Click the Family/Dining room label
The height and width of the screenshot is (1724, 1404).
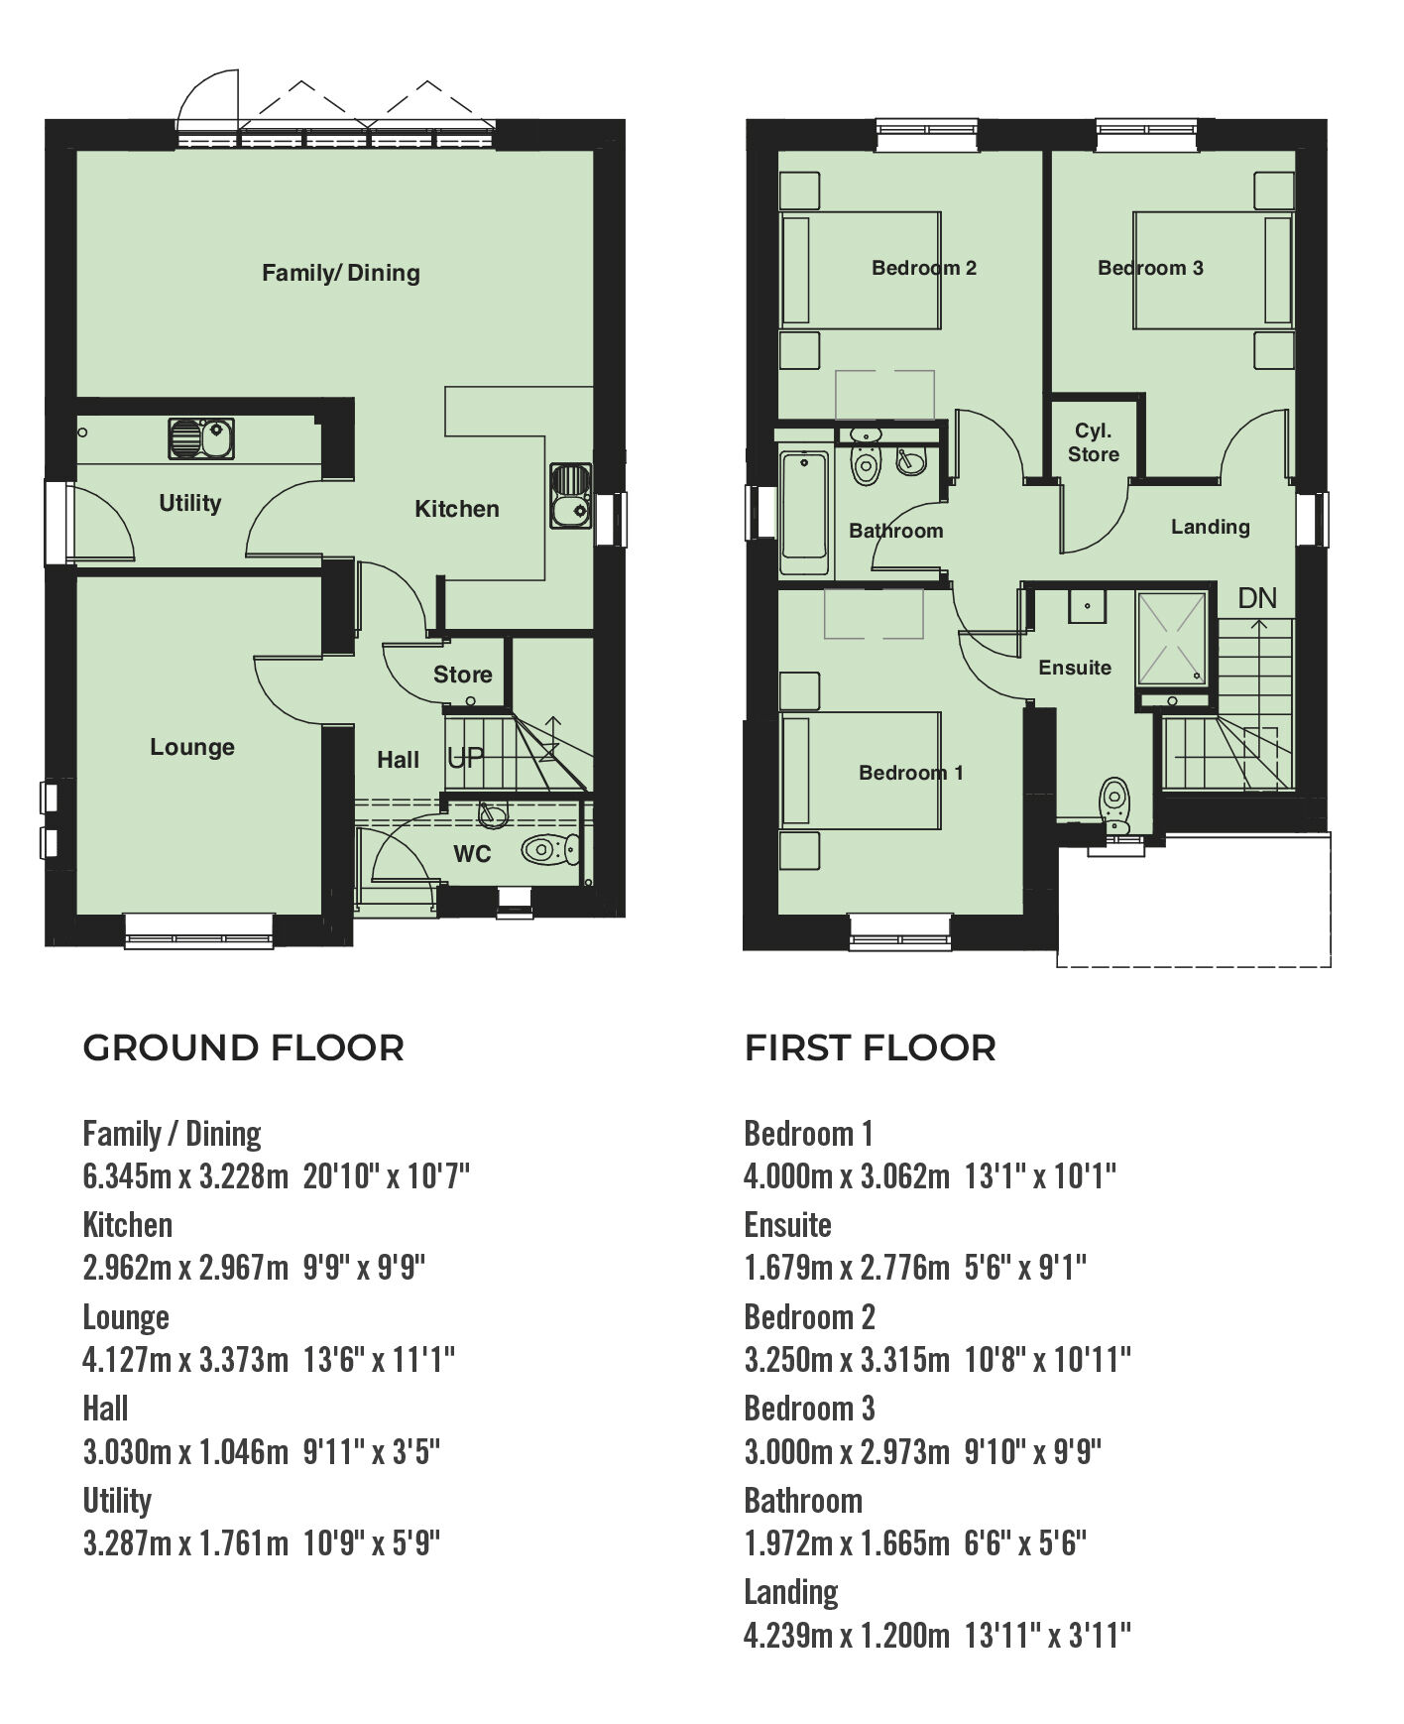click(x=340, y=273)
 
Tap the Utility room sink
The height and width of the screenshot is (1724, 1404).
click(x=201, y=437)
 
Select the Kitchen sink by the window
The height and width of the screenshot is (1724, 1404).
click(x=570, y=496)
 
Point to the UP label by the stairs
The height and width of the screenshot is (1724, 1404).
click(x=465, y=759)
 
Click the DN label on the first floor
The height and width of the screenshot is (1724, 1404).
click(x=1257, y=598)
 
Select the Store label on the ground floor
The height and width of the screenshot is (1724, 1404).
click(x=462, y=675)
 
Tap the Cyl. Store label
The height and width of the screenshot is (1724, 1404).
click(x=1094, y=442)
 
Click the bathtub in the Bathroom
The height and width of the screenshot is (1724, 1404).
click(x=804, y=512)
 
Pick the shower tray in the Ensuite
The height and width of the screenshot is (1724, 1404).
click(x=1172, y=638)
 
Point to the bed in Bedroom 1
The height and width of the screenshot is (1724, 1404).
click(x=861, y=771)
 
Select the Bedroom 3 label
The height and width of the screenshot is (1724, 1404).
click(x=1150, y=268)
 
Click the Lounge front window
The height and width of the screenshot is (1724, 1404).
click(x=198, y=930)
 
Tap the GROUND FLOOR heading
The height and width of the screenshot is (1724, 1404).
click(x=243, y=1048)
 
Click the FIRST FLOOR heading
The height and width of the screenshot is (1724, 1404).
click(x=870, y=1048)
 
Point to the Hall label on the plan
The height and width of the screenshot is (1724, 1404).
click(x=398, y=760)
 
